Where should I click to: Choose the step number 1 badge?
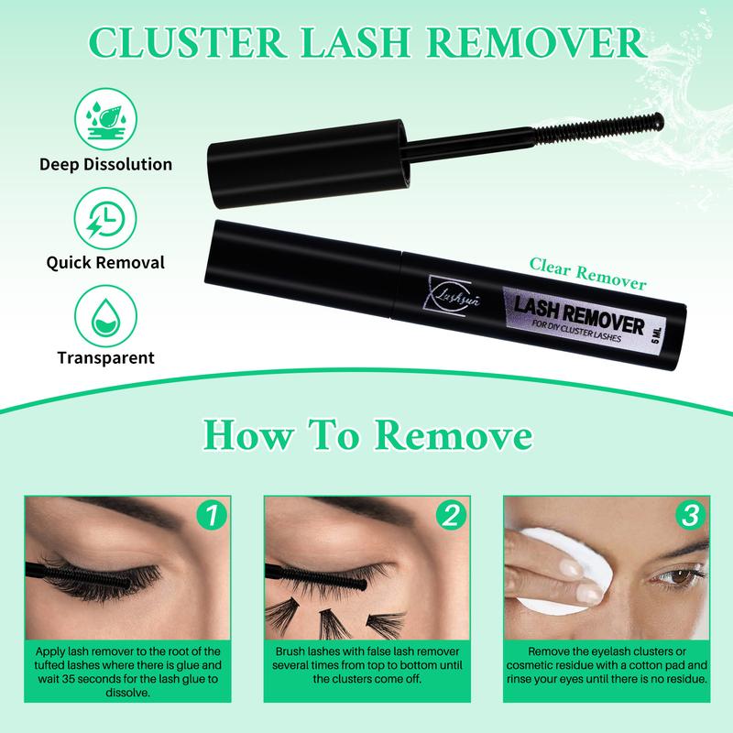click(213, 515)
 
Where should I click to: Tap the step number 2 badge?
click(450, 515)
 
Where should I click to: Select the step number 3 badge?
click(690, 515)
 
